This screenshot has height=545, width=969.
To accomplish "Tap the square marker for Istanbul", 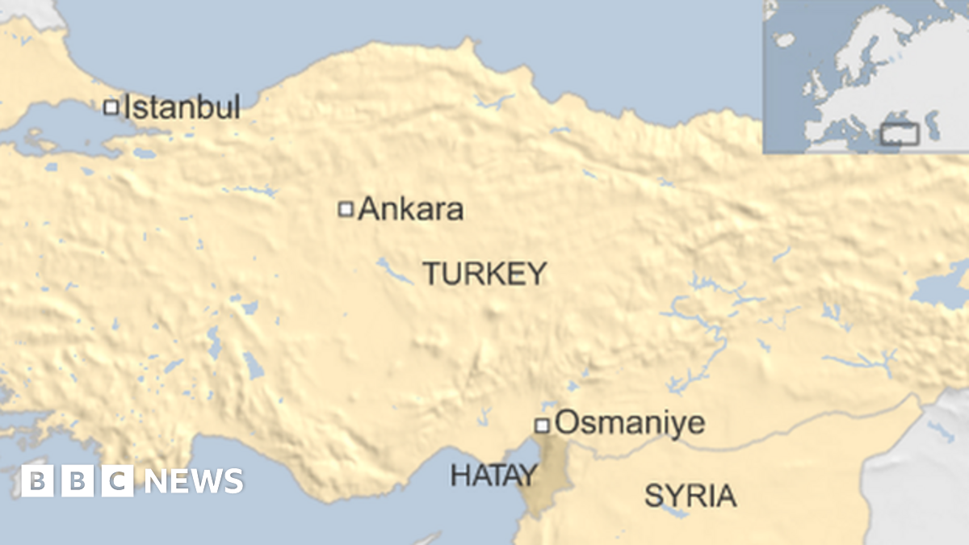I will pyautogui.click(x=111, y=107).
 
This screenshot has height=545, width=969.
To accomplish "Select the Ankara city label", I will pyautogui.click(x=411, y=209).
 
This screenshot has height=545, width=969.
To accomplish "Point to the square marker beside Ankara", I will pyautogui.click(x=346, y=209).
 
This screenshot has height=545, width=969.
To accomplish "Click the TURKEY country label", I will pyautogui.click(x=484, y=274).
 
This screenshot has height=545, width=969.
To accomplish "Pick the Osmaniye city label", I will pyautogui.click(x=631, y=423).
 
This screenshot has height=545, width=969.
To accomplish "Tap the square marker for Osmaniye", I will pyautogui.click(x=543, y=425).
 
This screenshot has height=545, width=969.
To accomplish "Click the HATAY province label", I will pyautogui.click(x=493, y=475).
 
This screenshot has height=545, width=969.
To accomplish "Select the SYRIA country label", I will pyautogui.click(x=690, y=496).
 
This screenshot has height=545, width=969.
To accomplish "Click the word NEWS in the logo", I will pyautogui.click(x=194, y=481).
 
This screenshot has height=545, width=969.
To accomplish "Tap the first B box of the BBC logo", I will pyautogui.click(x=37, y=481).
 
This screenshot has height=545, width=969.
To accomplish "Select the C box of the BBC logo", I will pyautogui.click(x=118, y=481).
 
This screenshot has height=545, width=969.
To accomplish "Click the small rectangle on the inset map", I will pyautogui.click(x=899, y=134).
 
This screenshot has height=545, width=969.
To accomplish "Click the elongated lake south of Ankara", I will pyautogui.click(x=393, y=271).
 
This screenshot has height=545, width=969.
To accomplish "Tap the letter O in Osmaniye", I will pyautogui.click(x=568, y=423).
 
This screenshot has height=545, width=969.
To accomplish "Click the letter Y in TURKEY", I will pyautogui.click(x=537, y=274).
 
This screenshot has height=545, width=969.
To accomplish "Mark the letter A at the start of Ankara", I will pyautogui.click(x=369, y=209).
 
